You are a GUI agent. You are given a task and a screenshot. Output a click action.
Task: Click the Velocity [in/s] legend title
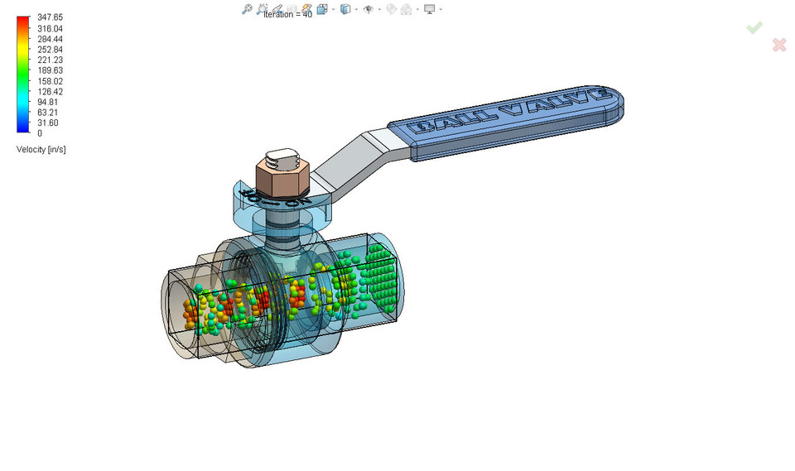[41, 150]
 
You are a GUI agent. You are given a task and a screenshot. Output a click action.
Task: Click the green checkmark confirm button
[754, 28]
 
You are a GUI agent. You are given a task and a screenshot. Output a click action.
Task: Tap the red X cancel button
[778, 45]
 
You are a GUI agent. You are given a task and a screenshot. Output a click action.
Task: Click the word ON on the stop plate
[297, 201]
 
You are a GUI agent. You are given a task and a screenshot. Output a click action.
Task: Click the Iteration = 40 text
[287, 16]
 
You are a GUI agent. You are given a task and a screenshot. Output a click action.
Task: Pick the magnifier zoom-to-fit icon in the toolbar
[247, 9]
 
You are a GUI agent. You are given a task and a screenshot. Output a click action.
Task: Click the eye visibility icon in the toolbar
[369, 9]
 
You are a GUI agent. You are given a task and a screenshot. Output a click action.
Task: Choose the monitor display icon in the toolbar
[429, 9]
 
